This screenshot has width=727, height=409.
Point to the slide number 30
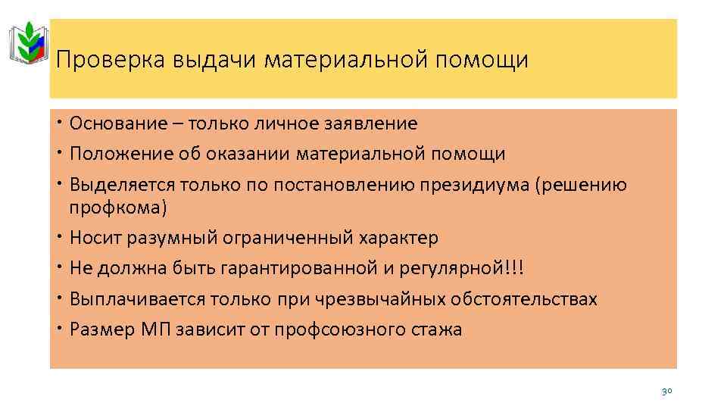(x=666, y=391)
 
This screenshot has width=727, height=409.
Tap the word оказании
(x=255, y=155)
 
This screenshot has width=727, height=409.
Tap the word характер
(x=402, y=238)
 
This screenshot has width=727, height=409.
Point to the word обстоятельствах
(x=524, y=299)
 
